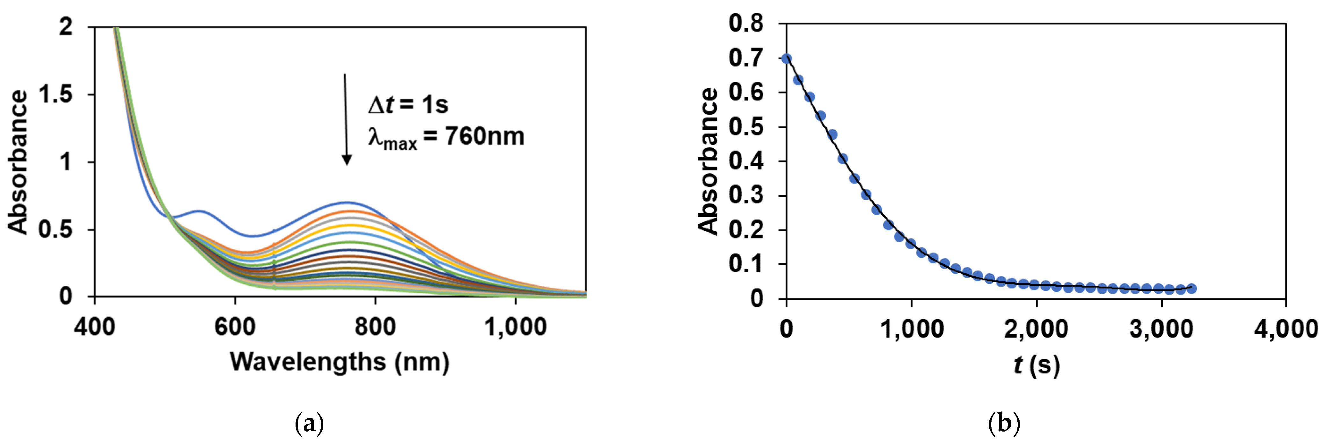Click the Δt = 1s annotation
408,105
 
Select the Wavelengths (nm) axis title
339,362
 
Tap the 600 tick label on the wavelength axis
235,327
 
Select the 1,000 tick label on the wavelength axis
515,327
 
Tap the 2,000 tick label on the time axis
1036,329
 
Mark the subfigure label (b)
1004,424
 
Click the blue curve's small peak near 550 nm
199,211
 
